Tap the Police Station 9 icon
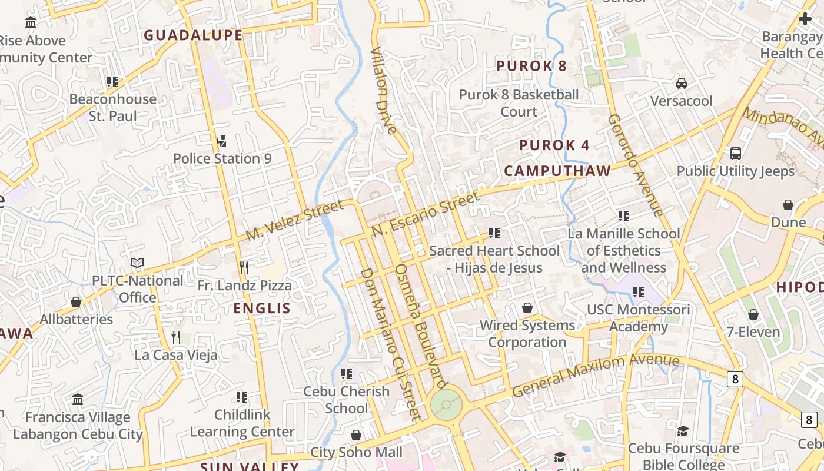[222, 141]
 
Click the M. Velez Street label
[294, 220]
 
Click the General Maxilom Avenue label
[595, 376]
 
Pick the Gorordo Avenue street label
[636, 165]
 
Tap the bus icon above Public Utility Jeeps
[735, 154]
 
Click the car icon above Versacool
[682, 84]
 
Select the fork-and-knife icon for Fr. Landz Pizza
[244, 268]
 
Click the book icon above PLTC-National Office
[137, 263]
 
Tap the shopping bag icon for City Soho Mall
[356, 435]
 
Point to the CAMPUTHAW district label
[557, 171]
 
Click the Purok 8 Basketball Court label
[519, 102]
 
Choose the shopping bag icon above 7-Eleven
[753, 314]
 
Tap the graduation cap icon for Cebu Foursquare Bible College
[683, 432]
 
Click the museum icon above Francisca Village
[78, 400]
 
